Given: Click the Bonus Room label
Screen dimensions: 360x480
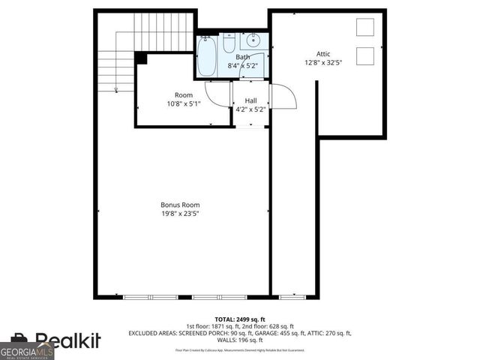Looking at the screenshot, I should pos(180,204).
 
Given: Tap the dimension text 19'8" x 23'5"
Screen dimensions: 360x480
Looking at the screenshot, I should pos(180,214).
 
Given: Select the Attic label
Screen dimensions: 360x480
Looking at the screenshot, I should pos(323,54).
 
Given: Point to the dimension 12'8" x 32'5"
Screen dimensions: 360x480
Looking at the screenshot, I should pos(323,63).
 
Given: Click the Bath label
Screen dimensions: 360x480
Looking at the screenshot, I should pos(243,57).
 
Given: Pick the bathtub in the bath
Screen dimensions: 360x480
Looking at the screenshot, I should pos(207,55).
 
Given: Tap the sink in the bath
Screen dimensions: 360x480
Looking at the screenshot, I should pos(254,40).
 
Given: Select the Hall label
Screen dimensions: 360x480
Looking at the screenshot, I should pos(250,100).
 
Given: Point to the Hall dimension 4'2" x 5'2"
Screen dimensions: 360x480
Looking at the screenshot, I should pos(250,109).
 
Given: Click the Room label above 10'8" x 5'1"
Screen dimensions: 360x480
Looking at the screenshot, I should pos(184,95).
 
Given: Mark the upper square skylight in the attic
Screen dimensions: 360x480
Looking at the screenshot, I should pos(365,27).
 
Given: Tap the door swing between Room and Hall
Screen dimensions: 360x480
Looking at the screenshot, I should pos(218,93).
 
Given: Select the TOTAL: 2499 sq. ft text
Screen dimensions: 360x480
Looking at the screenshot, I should pos(239,319).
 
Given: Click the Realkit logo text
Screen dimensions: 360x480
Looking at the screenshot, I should pos(67,341).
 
